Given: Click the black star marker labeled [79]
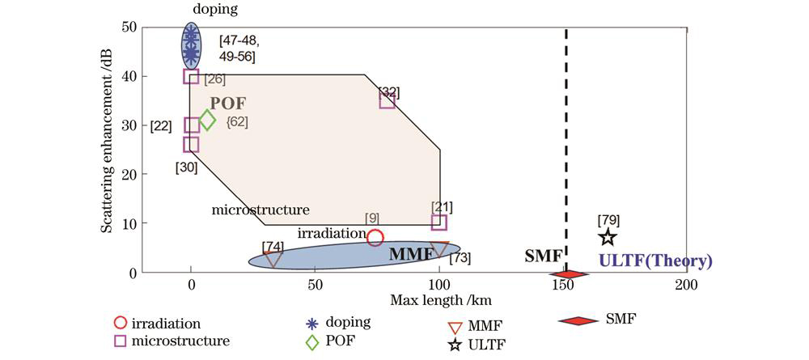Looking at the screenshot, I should coord(608,237).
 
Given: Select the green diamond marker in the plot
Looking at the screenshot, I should coord(207,121).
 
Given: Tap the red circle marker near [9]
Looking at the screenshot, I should coord(375,237).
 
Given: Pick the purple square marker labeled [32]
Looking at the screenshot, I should coord(387,100).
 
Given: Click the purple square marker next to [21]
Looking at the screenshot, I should coord(438,222).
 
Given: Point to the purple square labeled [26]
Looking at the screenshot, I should coord(191,76).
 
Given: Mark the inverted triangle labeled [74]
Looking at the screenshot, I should coord(273,258).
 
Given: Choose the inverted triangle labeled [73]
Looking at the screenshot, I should coord(439,249).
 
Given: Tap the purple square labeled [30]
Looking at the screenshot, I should coord(191,144).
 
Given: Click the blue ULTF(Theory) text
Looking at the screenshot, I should coord(655,261).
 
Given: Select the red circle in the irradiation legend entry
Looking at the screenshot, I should coord(123,324).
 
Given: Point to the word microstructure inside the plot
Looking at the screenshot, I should coord(260,210).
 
